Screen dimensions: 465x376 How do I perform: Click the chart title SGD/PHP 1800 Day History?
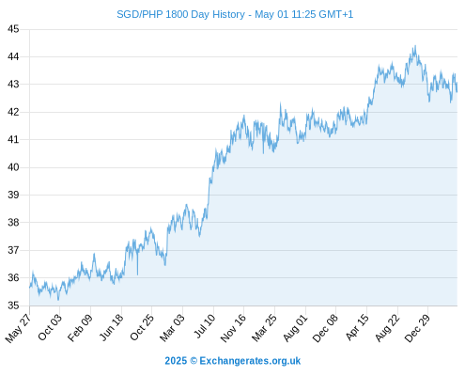click(x=180, y=14)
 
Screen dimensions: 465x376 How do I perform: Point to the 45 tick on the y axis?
click(x=13, y=29)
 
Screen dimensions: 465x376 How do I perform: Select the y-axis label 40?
click(x=13, y=167)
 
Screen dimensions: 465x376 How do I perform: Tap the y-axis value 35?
click(x=13, y=305)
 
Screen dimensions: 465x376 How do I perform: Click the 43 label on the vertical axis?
click(x=13, y=85)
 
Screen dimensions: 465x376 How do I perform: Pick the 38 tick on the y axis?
click(x=13, y=223)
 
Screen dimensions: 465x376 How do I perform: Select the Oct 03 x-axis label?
click(x=50, y=327)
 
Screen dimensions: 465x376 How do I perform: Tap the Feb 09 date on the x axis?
click(x=80, y=327)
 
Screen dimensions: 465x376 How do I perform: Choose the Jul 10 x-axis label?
click(x=205, y=326)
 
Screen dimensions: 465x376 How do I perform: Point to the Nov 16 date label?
click(x=233, y=328)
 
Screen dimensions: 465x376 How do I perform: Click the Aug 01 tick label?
click(x=295, y=327)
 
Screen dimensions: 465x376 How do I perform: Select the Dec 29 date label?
click(x=417, y=328)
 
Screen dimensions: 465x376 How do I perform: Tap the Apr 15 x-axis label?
click(x=357, y=327)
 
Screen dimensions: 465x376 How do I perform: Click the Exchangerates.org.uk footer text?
click(x=250, y=361)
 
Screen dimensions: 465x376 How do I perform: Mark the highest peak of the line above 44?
click(x=415, y=46)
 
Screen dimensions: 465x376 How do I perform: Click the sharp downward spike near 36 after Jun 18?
click(x=137, y=274)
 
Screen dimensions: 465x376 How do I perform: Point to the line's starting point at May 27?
click(x=30, y=287)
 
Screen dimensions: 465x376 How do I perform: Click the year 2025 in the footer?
click(x=176, y=361)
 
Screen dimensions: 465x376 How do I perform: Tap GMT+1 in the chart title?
click(x=336, y=14)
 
